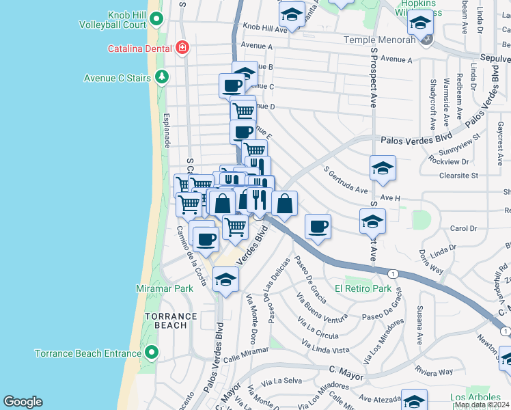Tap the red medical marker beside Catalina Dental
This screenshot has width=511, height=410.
[x=182, y=48]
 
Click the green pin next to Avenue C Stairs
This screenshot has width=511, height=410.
[x=162, y=77]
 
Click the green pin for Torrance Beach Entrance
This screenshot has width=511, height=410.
[x=152, y=353]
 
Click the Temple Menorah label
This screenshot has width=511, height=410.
[x=379, y=40]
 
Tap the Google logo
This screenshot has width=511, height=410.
[x=23, y=402]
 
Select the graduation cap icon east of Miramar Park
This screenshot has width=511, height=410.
[x=226, y=279]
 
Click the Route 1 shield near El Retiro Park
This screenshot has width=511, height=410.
[x=392, y=273]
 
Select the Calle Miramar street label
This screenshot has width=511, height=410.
[x=246, y=352]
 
